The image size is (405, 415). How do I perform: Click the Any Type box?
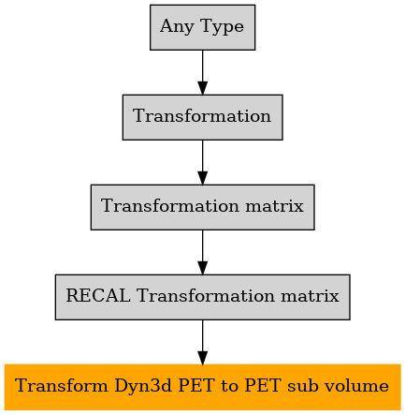pos(202,27)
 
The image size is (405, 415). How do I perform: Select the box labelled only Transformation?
pos(203,117)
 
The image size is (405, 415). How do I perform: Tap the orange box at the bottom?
pos(203,387)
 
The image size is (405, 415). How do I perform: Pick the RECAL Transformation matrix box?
pos(203,297)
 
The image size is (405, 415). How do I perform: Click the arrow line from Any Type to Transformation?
pos(203,72)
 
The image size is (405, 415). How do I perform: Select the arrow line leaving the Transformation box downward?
pos(203,162)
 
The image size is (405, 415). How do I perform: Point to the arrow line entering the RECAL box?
pos(203,252)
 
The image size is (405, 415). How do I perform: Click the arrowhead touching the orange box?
pos(203,358)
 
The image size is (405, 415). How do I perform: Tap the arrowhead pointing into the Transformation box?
pos(203,88)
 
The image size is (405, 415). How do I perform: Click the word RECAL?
pos(98,295)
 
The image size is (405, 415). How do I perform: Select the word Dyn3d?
pos(143,386)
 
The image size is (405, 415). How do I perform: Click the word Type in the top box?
pos(223,26)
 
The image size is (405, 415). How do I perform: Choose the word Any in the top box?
pos(177,26)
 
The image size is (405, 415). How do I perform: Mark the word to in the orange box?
pos(229,386)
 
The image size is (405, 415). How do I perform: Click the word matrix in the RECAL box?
pos(310,296)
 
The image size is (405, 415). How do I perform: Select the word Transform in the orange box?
pos(61,386)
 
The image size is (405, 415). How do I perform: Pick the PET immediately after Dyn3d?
pos(196,386)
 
